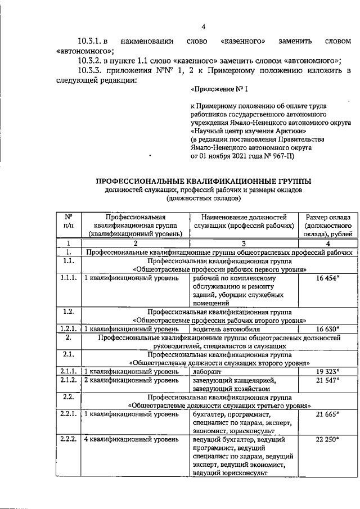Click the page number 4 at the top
(x=203, y=26)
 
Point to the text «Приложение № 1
(x=218, y=89)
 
